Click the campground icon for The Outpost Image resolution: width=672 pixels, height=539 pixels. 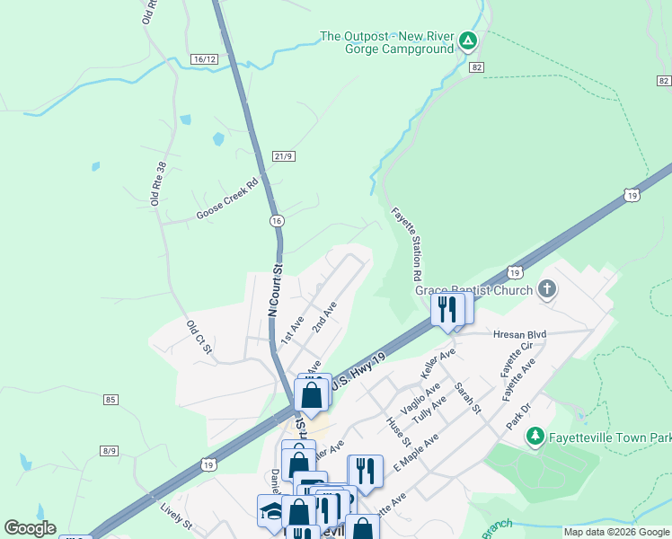pyautogui.click(x=467, y=40)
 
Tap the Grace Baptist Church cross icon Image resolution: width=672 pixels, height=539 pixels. pyautogui.click(x=546, y=289)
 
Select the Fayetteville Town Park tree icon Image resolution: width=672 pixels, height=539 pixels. pyautogui.click(x=536, y=437)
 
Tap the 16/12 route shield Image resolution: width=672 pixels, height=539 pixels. pyautogui.click(x=204, y=58)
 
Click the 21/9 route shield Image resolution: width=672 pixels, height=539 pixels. pyautogui.click(x=284, y=156)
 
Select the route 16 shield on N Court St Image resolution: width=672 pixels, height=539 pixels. pyautogui.click(x=276, y=220)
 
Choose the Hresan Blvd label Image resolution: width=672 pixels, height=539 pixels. pyautogui.click(x=520, y=333)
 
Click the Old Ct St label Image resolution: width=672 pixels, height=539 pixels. pyautogui.click(x=199, y=336)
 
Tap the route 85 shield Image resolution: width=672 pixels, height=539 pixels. pyautogui.click(x=111, y=399)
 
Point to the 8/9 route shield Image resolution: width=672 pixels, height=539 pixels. pyautogui.click(x=111, y=450)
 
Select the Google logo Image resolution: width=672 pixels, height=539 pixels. pyautogui.click(x=30, y=528)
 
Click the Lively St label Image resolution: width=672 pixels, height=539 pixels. pyautogui.click(x=176, y=518)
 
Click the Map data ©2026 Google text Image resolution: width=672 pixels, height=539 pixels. pyautogui.click(x=615, y=532)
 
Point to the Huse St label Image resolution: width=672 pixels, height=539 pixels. pyautogui.click(x=398, y=432)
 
